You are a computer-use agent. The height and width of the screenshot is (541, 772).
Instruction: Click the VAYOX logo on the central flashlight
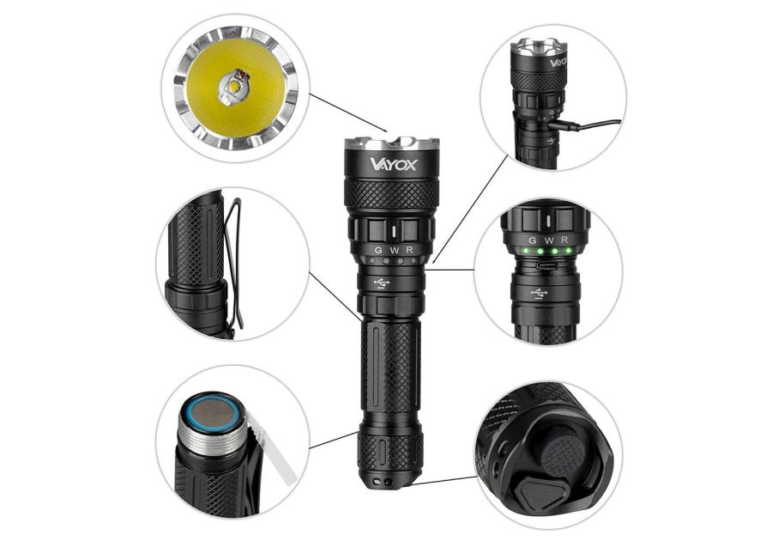pos(393,163)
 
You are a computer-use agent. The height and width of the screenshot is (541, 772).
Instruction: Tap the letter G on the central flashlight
pos(378,250)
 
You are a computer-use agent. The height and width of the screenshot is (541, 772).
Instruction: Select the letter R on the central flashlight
pos(409,250)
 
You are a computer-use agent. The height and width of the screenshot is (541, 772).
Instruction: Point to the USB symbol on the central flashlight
pos(382,283)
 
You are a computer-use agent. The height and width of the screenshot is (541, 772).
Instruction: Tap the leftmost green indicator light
pos(527,252)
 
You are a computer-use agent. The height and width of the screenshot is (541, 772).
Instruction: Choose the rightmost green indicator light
pos(568,252)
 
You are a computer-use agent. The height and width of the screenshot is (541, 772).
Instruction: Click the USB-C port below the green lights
pos(547,265)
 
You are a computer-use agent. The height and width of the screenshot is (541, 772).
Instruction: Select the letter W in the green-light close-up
pos(549,240)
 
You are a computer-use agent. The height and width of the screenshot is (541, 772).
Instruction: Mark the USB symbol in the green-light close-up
pos(540,293)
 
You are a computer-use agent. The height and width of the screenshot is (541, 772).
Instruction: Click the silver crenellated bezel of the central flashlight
pos(391,143)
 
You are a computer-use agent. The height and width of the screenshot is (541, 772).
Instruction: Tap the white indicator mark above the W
pos(395,231)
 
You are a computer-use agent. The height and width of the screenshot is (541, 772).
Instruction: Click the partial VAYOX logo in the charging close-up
pos(558,63)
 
